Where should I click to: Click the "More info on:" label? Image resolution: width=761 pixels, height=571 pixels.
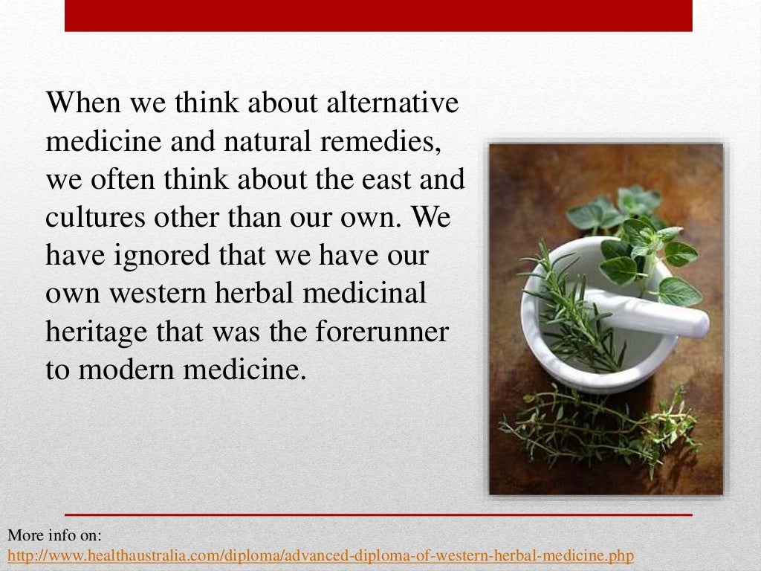[x=54, y=535]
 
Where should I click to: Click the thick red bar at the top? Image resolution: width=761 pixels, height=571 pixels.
[x=378, y=16]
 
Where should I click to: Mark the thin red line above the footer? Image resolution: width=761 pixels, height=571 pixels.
[x=378, y=514]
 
